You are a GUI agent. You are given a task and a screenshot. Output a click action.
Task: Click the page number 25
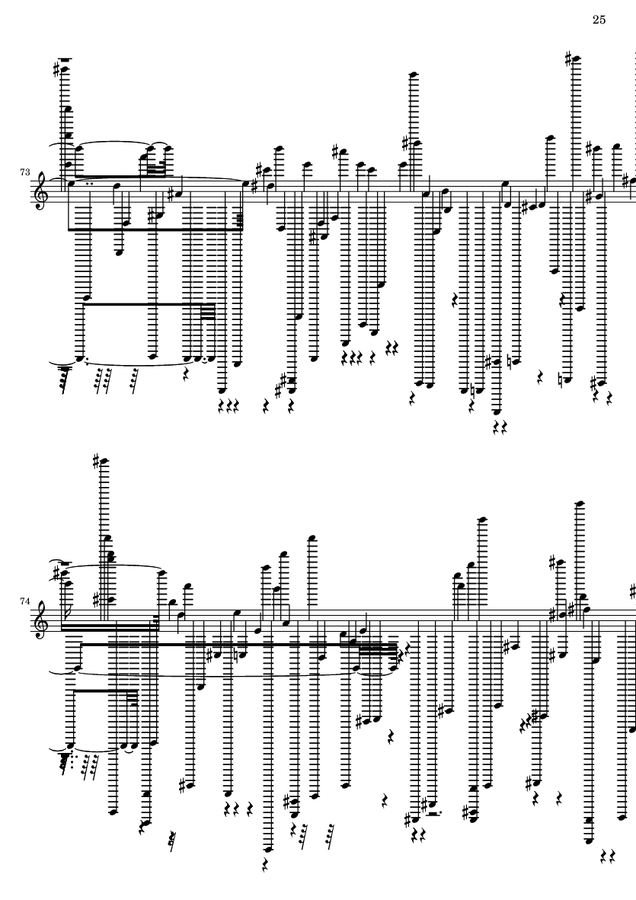point(598,20)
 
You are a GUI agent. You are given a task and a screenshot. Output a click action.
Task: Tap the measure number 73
point(26,173)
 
